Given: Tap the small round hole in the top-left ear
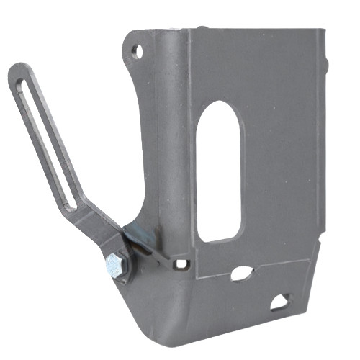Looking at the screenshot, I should (x=136, y=50).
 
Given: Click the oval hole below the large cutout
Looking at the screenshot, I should (x=242, y=274).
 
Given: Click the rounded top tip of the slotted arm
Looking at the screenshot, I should (x=17, y=70).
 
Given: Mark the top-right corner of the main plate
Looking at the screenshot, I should (x=323, y=32).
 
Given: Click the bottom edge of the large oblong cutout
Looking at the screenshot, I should (x=220, y=240).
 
